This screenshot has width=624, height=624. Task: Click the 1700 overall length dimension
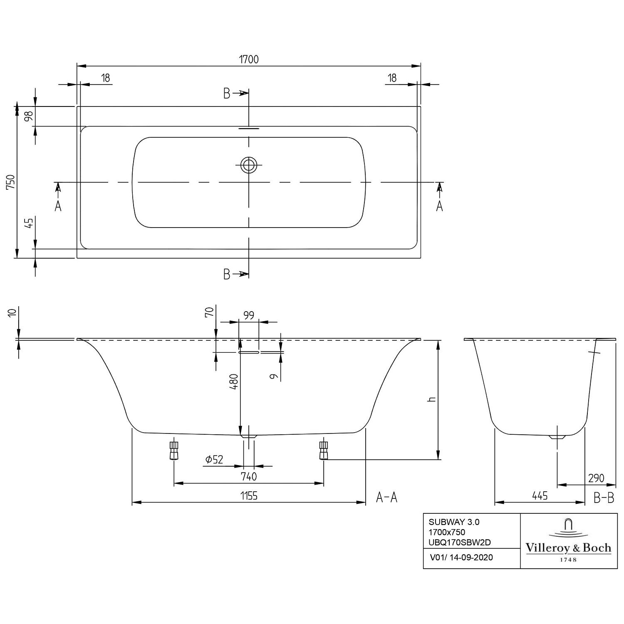(x=249, y=59)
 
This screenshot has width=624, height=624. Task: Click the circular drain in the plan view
(x=249, y=166)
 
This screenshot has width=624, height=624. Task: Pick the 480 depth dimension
(x=234, y=381)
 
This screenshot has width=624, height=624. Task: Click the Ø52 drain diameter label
(x=214, y=459)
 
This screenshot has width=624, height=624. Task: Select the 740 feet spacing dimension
(x=249, y=476)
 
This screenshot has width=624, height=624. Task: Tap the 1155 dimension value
(x=249, y=495)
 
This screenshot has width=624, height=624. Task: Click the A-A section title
(x=387, y=497)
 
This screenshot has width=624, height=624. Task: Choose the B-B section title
(x=604, y=498)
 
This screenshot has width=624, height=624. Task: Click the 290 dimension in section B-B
(x=596, y=478)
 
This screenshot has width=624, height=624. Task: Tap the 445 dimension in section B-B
(x=540, y=495)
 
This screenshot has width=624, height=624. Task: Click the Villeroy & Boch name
(x=569, y=548)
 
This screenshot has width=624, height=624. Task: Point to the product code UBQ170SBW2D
(x=460, y=542)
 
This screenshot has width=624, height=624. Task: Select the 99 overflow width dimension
(x=249, y=315)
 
